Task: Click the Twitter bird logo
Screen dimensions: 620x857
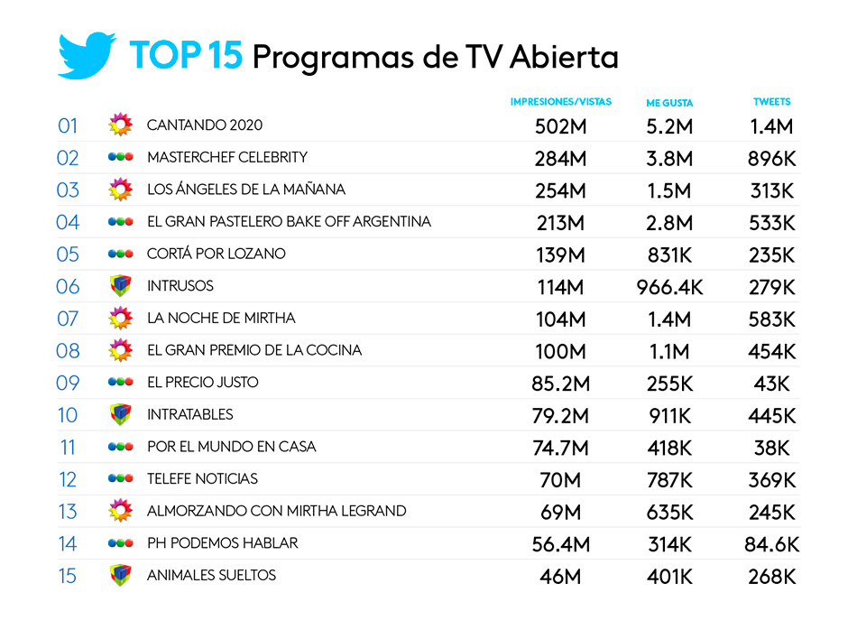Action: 87,56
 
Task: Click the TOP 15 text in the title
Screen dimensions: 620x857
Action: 186,55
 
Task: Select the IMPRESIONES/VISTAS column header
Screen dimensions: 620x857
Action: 560,102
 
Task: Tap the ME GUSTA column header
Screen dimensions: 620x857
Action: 669,103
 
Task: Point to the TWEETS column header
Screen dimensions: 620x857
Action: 771,102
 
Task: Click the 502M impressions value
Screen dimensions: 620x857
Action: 560,126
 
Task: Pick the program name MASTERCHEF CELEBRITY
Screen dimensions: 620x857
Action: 227,157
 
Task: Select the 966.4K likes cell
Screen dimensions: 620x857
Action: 669,287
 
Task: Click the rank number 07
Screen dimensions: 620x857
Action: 69,319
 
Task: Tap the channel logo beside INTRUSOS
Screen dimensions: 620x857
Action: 120,286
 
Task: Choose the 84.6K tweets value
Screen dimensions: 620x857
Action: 771,544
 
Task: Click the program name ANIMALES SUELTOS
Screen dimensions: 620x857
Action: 211,576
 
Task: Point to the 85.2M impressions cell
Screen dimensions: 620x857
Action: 560,384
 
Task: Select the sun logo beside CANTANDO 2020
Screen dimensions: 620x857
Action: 120,125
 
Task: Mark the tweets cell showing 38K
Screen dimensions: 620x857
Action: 771,448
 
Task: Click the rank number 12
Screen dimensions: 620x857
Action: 69,479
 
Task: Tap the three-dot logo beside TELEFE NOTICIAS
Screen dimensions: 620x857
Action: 120,479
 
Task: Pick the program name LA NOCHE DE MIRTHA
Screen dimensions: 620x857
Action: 221,319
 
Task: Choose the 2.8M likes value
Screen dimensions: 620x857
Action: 669,223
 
